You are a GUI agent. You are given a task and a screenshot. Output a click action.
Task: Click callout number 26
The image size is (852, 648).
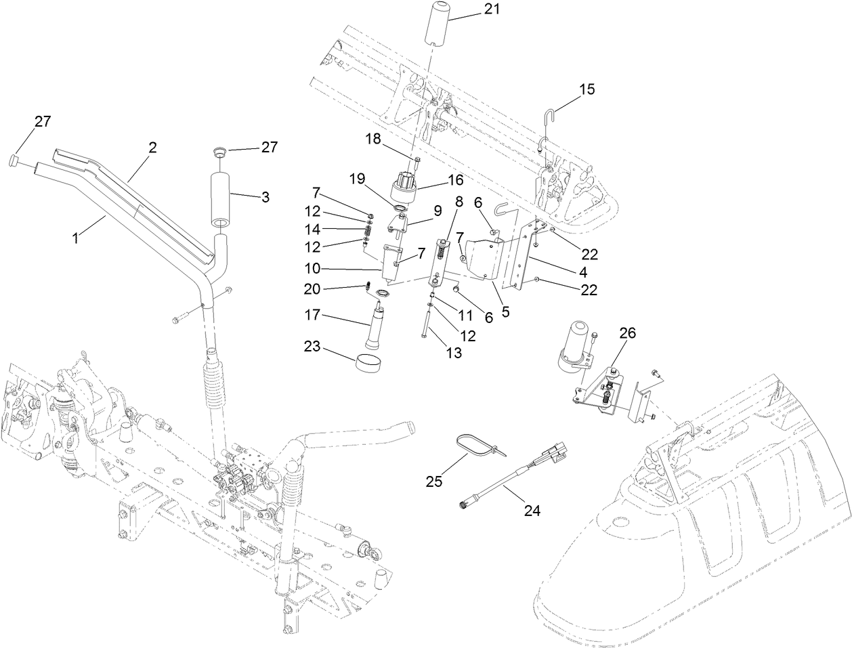(628, 332)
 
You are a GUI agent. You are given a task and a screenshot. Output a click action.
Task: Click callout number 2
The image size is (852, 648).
(153, 147)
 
